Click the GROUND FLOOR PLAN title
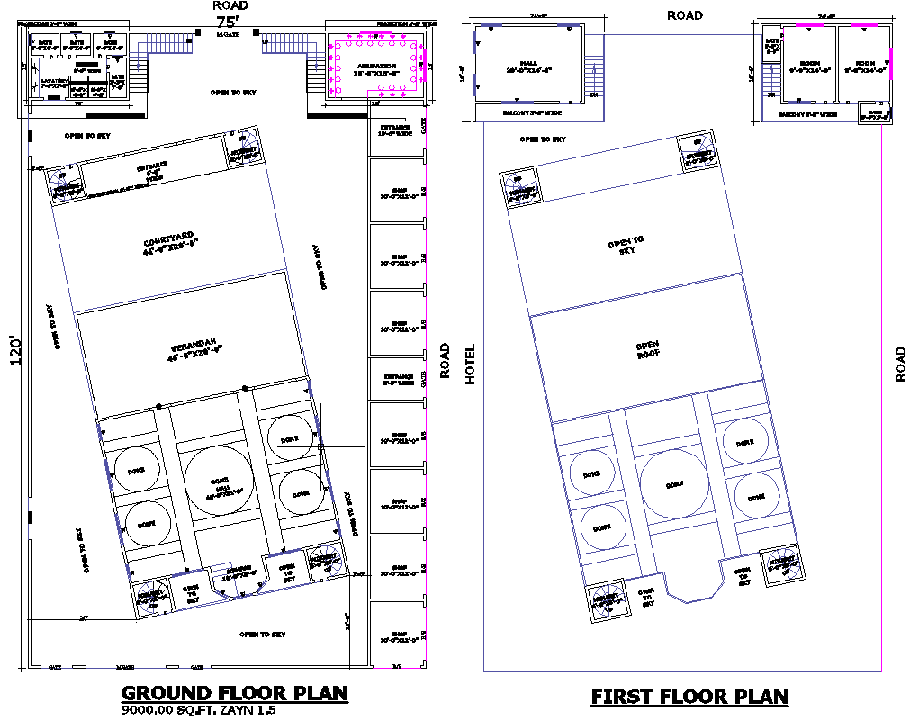pyautogui.click(x=234, y=693)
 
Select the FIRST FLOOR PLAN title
pyautogui.click(x=689, y=697)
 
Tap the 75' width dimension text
pyautogui.click(x=226, y=21)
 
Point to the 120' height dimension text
pyautogui.click(x=13, y=352)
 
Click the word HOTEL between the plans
pyautogui.click(x=469, y=364)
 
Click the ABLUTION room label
pyautogui.click(x=377, y=67)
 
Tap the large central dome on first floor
pyautogui.click(x=675, y=484)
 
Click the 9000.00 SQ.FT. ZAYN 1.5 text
pyautogui.click(x=198, y=710)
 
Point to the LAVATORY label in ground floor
pyautogui.click(x=55, y=84)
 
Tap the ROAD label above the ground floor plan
pyautogui.click(x=230, y=5)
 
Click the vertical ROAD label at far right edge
pyautogui.click(x=901, y=364)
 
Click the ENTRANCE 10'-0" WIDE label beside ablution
pyautogui.click(x=395, y=131)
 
